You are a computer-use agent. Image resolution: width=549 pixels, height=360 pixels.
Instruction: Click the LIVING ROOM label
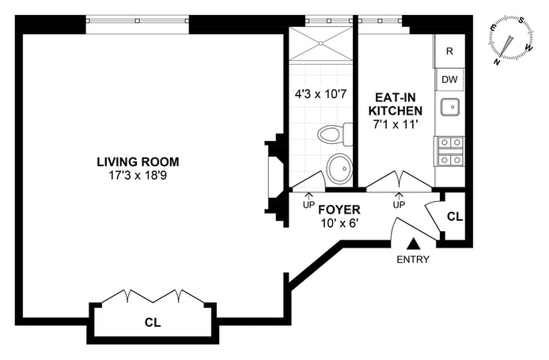pos(138,161)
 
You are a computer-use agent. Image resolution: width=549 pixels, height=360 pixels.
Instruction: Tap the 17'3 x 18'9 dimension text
pos(138,175)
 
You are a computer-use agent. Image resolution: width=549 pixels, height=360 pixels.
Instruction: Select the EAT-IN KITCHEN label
pos(396,104)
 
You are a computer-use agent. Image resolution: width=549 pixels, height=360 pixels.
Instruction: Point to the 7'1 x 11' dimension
pos(396,124)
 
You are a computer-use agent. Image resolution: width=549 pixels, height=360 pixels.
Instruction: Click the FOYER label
pos(339,210)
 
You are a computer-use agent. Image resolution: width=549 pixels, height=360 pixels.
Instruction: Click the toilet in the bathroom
pos(335,135)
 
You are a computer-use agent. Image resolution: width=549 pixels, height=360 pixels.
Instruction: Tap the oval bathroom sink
pos(339,169)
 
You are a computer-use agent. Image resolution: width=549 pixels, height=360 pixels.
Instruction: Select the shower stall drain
pos(320,44)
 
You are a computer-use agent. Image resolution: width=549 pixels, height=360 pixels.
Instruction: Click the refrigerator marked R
pos(449,51)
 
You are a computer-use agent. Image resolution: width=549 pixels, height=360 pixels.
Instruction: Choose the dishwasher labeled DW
pos(449,79)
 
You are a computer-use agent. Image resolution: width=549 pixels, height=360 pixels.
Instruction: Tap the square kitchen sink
pos(450,107)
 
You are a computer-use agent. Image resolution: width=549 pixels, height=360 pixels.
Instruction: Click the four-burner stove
pos(450,151)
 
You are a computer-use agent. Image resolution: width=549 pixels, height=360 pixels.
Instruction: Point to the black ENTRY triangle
pos(414,244)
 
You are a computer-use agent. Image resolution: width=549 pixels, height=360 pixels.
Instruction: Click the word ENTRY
pos(413,260)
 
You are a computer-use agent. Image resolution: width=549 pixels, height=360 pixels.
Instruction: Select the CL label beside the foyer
pos(455,217)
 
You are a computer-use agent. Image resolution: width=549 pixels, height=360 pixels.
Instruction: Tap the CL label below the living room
pos(153,322)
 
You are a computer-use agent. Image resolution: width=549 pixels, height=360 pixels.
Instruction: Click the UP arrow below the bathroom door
pos(309,201)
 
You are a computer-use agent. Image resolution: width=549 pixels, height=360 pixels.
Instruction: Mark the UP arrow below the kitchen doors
pos(399,201)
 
